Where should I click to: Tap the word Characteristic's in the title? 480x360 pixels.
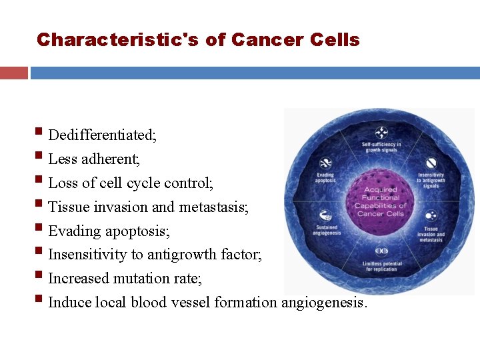tap(118, 40)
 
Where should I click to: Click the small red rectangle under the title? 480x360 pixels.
tap(13, 73)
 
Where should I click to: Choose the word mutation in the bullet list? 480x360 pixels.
tap(139, 279)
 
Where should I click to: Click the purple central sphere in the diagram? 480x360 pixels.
tap(381, 201)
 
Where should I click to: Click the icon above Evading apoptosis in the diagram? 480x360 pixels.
tap(326, 163)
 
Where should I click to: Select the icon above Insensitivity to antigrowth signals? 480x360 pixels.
tap(431, 163)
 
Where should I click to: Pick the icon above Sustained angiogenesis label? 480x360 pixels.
tap(325, 215)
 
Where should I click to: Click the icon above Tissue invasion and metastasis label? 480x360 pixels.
tap(431, 215)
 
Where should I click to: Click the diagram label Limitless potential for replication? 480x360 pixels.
tap(382, 267)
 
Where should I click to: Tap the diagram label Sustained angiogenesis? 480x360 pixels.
tap(325, 230)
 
